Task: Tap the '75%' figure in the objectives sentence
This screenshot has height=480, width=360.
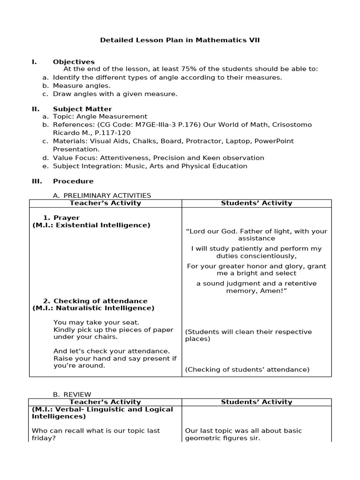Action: pos(204,69)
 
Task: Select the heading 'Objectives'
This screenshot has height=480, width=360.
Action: pos(74,62)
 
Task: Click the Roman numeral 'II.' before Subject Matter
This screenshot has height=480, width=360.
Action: pos(36,109)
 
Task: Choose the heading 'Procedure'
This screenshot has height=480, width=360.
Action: pos(73,181)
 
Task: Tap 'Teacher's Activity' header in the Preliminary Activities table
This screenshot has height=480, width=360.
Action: pos(105,203)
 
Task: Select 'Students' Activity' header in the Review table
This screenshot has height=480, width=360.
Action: pos(256,402)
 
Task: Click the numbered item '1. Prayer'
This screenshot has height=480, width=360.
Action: pos(61,218)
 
